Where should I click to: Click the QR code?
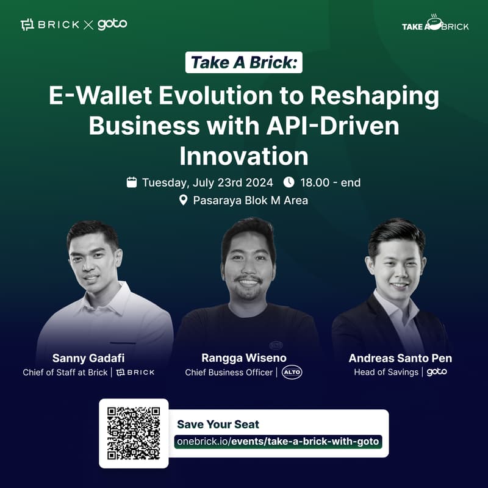coord(134,433)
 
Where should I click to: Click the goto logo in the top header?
coord(112,24)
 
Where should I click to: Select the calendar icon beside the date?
coord(132,182)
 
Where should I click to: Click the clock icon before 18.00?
coord(289,182)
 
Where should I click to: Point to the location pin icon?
coord(183,200)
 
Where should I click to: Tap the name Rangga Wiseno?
coord(243,358)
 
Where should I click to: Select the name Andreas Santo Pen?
coord(400,358)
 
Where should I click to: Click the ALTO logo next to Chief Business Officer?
coord(292,372)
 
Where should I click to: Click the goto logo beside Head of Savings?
coord(437,372)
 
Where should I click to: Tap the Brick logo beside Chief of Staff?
coord(135,372)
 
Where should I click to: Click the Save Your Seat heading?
coord(218,425)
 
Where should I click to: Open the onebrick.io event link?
coord(278,441)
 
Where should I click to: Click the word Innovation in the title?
coord(243,156)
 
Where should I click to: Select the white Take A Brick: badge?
coord(244,63)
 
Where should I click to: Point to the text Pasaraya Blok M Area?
coord(250,200)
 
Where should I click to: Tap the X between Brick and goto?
coord(88,25)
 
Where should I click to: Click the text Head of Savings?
coord(386,372)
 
